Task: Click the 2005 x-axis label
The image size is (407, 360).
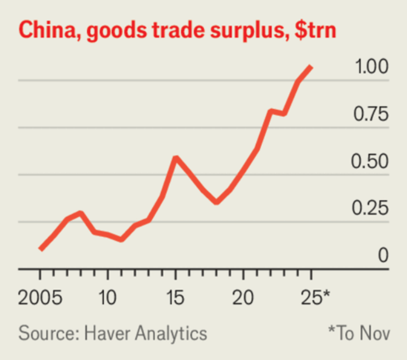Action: tap(39, 297)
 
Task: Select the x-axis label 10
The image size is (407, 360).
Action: tap(107, 297)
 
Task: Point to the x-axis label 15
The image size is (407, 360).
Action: tap(176, 297)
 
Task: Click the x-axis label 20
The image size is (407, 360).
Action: tap(244, 297)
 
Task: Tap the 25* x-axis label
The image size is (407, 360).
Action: tap(315, 297)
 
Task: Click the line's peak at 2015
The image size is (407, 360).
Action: tap(176, 158)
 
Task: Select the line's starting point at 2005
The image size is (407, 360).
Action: tap(40, 249)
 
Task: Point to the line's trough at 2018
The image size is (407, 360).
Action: tap(216, 202)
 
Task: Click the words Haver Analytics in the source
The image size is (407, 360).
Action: tap(145, 333)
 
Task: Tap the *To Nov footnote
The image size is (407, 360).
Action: tap(359, 333)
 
